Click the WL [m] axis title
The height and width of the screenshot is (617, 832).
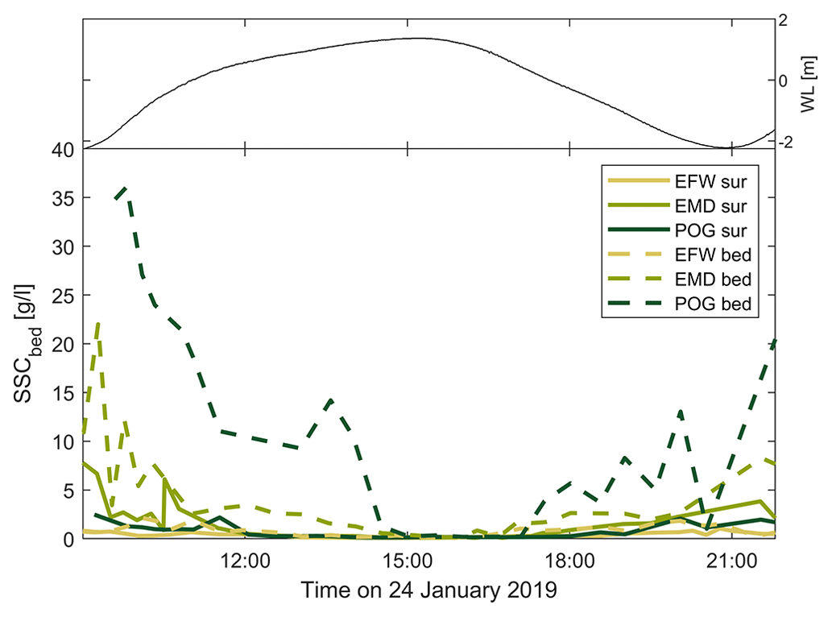coord(814,80)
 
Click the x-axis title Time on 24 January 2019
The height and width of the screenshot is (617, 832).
coord(429,590)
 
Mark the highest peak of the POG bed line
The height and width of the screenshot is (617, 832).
coord(125,188)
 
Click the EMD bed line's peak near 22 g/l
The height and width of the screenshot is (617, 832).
coord(98,324)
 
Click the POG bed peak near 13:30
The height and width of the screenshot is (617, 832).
coord(331,400)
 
